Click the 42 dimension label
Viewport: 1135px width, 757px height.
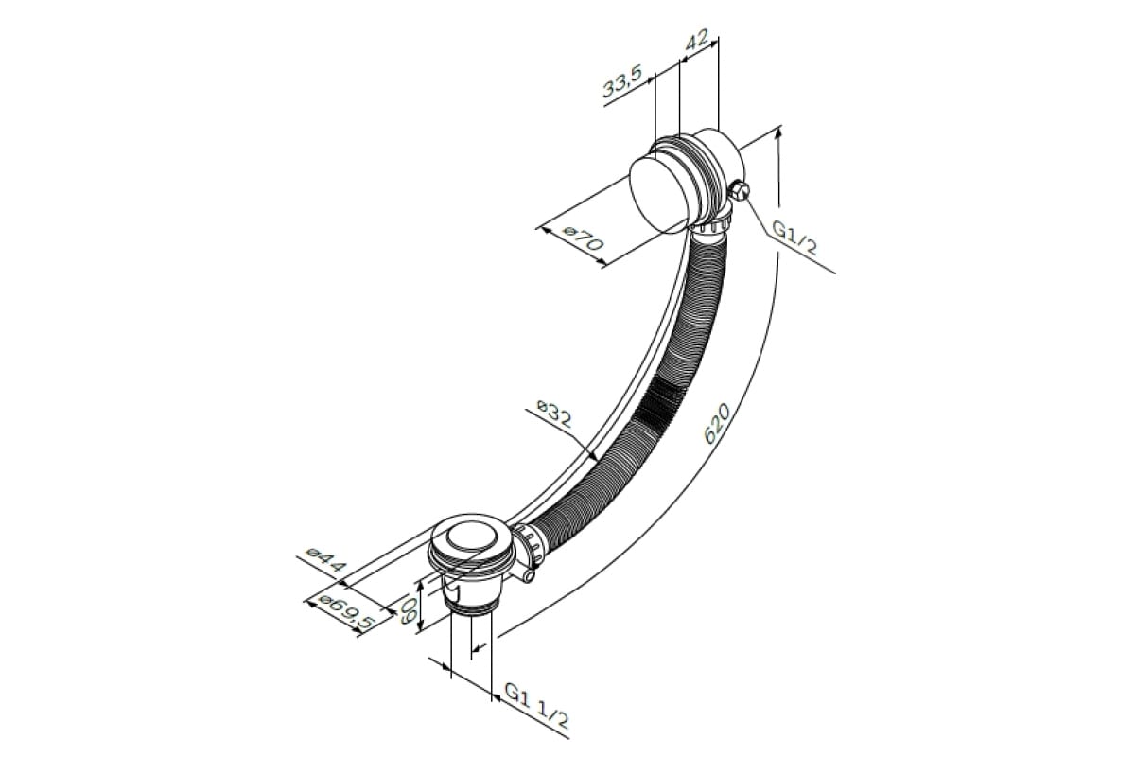(697, 42)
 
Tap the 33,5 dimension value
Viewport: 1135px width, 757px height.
(622, 80)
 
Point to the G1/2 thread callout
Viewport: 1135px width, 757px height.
(794, 238)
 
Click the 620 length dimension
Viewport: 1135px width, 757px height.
(717, 423)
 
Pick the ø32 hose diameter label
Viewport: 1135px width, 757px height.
(554, 414)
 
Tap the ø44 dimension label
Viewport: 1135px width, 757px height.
(325, 559)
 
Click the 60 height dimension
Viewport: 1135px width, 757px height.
(409, 610)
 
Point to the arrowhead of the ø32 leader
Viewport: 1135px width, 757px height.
(593, 455)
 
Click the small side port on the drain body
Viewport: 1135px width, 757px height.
(529, 575)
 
